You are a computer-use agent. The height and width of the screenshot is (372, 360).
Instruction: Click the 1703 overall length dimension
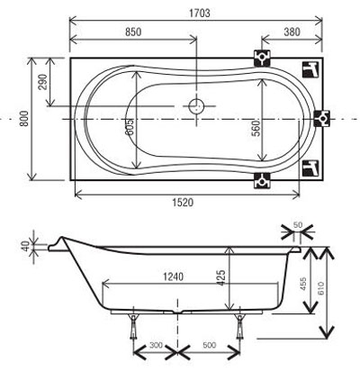[200, 14]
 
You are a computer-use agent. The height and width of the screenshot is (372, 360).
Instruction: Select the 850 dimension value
[133, 32]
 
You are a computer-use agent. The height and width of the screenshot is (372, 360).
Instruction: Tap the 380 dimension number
[292, 32]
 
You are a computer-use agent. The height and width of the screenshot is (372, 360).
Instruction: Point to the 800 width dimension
[24, 118]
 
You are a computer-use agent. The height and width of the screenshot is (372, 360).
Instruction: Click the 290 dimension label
[43, 82]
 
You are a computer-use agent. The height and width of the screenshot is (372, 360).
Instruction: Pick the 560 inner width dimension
[256, 128]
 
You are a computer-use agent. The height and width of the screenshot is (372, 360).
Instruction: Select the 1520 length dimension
[183, 203]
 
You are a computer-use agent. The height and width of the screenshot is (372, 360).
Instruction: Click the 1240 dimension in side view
[173, 277]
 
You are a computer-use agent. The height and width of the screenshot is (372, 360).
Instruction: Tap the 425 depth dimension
[220, 277]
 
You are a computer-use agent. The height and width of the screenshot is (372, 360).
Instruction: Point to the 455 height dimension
[303, 283]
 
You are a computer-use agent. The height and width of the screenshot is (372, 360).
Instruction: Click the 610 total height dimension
[320, 288]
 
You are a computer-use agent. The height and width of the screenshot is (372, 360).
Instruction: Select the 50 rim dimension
[297, 225]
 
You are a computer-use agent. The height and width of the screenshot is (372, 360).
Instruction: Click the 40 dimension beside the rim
[26, 246]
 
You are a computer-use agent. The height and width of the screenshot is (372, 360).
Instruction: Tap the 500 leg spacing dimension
[209, 345]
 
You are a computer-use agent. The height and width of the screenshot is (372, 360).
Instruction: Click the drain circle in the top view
[196, 106]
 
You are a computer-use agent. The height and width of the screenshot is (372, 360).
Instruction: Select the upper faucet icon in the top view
[310, 69]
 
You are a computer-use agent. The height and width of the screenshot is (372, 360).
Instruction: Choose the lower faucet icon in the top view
[310, 168]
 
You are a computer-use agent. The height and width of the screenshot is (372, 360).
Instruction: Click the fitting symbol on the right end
[322, 119]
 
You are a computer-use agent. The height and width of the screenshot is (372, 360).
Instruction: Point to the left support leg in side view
[133, 326]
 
